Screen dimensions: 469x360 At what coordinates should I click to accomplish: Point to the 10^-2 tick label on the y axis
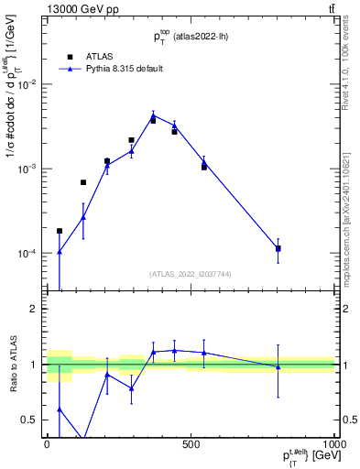click(28, 84)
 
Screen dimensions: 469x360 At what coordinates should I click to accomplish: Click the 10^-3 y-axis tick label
click(28, 169)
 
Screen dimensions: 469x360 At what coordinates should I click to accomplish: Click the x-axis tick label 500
click(191, 442)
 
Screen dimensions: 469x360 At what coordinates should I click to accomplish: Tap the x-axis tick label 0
click(47, 442)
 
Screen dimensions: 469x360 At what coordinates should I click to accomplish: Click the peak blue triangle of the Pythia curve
click(153, 115)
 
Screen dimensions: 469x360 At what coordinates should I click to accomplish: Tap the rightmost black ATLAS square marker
click(278, 248)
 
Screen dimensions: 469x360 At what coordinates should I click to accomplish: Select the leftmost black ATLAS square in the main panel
click(60, 231)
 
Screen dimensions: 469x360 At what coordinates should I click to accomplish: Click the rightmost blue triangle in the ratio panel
click(278, 366)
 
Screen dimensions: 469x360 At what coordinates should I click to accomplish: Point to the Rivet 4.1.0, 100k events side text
click(351, 64)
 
